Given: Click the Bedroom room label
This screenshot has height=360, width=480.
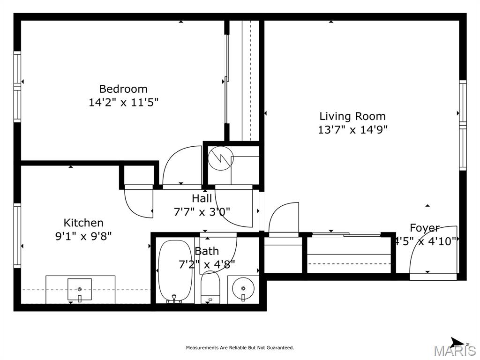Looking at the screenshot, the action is [123, 89].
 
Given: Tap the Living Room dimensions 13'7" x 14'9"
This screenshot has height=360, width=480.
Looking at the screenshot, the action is [352, 130].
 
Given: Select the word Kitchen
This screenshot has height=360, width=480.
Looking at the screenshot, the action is [83, 223].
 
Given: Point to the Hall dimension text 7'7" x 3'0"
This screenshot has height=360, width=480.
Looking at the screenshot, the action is [202, 211].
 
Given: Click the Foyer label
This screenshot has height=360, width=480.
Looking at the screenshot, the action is [425, 228].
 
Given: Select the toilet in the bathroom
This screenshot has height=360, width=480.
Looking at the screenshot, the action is [210, 287].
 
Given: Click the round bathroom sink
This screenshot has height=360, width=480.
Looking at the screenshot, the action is [243, 288].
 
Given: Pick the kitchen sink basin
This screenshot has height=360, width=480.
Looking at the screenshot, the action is [80, 289].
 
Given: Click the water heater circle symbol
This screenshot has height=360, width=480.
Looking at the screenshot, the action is [220, 158].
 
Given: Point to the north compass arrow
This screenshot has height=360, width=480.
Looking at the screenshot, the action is [458, 343].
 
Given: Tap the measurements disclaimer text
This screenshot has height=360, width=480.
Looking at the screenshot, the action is [240, 348].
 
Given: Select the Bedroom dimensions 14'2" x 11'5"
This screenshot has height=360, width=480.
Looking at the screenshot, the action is [123, 102].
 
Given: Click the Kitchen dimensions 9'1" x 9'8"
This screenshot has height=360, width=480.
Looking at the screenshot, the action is [83, 236].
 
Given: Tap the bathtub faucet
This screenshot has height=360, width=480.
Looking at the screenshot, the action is [174, 299].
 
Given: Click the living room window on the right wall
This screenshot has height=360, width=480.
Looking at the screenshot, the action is [463, 125].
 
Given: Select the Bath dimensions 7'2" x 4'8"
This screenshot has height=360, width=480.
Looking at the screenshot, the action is [207, 264].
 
